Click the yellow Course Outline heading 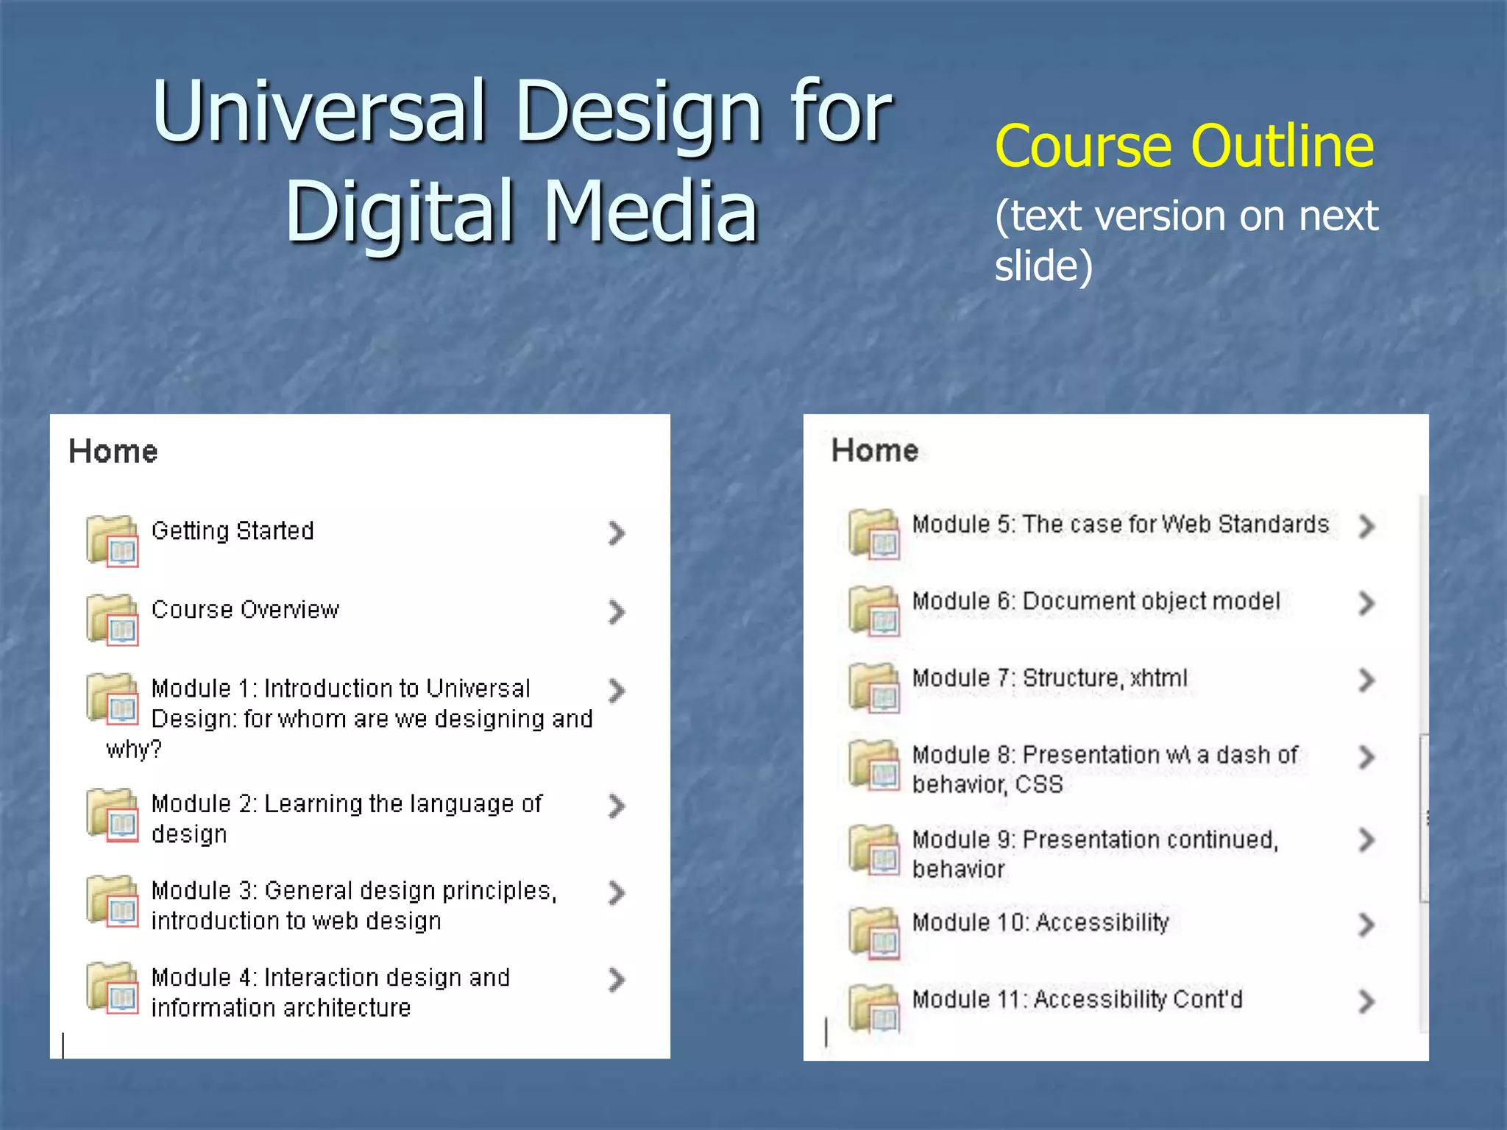pos(1184,146)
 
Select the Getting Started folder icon pos(113,541)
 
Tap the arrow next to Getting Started pos(617,533)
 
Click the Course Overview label pos(245,610)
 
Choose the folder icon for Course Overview pos(113,619)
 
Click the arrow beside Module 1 pos(617,690)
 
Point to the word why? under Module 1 pos(133,750)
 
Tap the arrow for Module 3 pos(617,892)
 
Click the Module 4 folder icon pos(113,988)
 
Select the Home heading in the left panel pos(113,451)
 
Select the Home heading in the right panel pos(875,450)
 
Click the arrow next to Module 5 pos(1366,526)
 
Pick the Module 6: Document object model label pos(1096,601)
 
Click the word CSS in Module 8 pos(1039,785)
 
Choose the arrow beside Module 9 pos(1366,840)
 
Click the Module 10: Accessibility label pos(1040,923)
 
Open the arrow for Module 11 pos(1366,1001)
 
